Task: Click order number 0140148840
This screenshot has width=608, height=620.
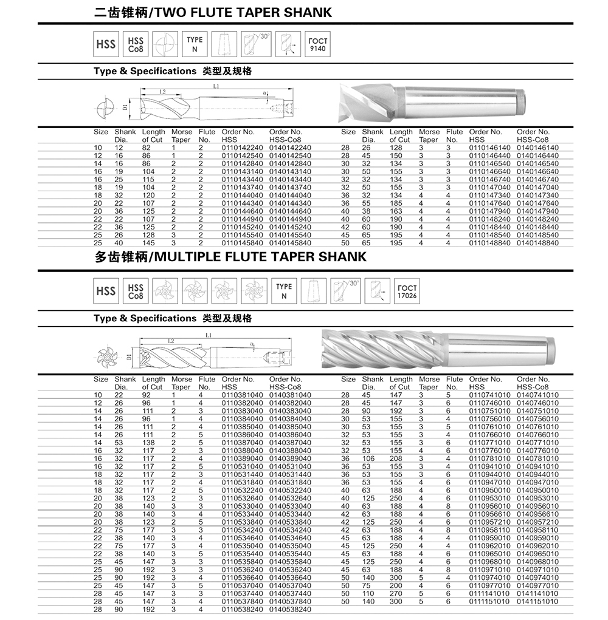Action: (537, 243)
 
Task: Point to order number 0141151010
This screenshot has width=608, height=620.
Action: (537, 601)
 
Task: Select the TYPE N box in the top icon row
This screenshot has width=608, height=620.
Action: (195, 44)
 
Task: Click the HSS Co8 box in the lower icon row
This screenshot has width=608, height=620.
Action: (136, 291)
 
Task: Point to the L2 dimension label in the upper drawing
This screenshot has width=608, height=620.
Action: (162, 92)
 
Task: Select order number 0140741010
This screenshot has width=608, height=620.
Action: (537, 395)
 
